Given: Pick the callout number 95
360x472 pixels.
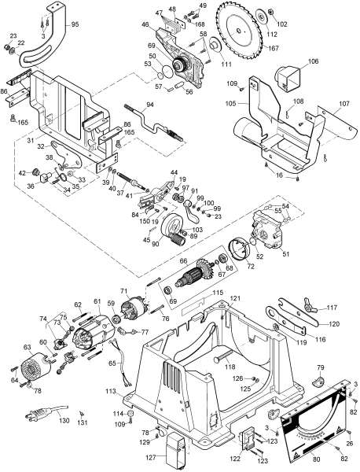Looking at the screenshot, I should click(75, 24).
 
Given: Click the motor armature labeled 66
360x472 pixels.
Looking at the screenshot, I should click(197, 278).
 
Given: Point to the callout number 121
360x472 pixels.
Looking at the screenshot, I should click(235, 300).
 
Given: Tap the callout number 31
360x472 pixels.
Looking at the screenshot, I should click(29, 141).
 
